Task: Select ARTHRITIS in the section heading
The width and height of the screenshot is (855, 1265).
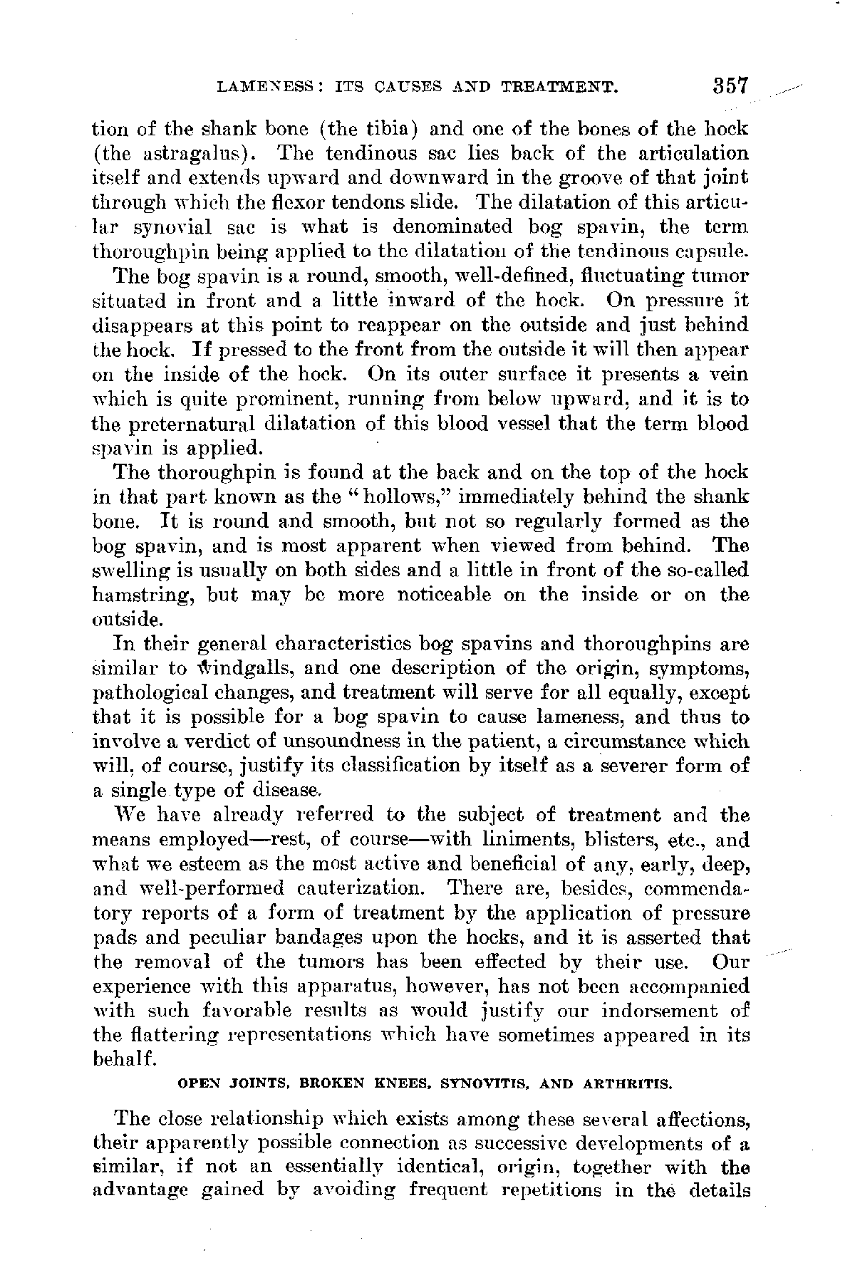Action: tap(626, 1085)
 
